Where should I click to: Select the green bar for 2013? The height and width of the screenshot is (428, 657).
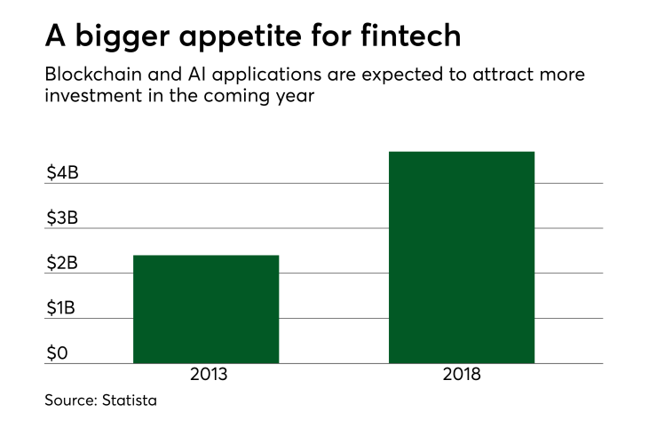[206, 309]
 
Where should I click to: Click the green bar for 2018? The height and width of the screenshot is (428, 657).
[462, 258]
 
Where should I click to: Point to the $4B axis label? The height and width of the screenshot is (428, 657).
[63, 173]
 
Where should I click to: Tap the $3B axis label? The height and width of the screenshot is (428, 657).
[63, 218]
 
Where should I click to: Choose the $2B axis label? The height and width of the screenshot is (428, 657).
[63, 264]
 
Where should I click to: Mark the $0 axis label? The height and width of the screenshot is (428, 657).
[58, 353]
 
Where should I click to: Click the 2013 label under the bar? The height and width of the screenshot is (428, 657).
[209, 375]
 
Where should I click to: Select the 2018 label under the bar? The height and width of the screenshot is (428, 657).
[462, 375]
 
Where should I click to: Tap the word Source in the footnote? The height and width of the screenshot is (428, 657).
[70, 401]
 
